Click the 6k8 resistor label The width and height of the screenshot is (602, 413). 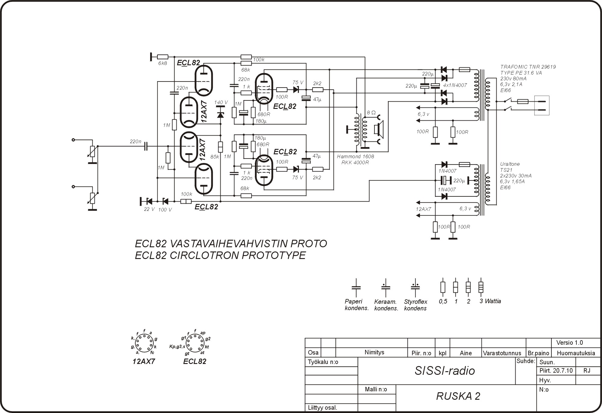(163, 63)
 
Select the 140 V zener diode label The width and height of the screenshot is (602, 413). (221, 103)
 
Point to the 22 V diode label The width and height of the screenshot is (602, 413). (149, 209)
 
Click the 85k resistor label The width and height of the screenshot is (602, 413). (215, 157)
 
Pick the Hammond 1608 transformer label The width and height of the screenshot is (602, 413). (355, 156)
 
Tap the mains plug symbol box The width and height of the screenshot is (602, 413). (541, 105)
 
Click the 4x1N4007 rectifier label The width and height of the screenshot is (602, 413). (455, 85)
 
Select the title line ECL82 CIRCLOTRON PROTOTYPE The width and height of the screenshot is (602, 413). (220, 255)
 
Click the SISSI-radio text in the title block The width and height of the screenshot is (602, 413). (445, 371)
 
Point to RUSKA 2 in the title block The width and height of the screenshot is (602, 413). (458, 396)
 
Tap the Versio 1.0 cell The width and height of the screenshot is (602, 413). (569, 343)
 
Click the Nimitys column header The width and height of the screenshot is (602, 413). (374, 352)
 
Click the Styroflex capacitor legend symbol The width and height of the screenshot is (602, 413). (415, 287)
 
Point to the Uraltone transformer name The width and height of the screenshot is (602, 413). (510, 164)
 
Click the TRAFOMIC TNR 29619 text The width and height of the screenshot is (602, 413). (528, 67)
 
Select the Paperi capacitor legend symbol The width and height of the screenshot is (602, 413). (356, 287)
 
